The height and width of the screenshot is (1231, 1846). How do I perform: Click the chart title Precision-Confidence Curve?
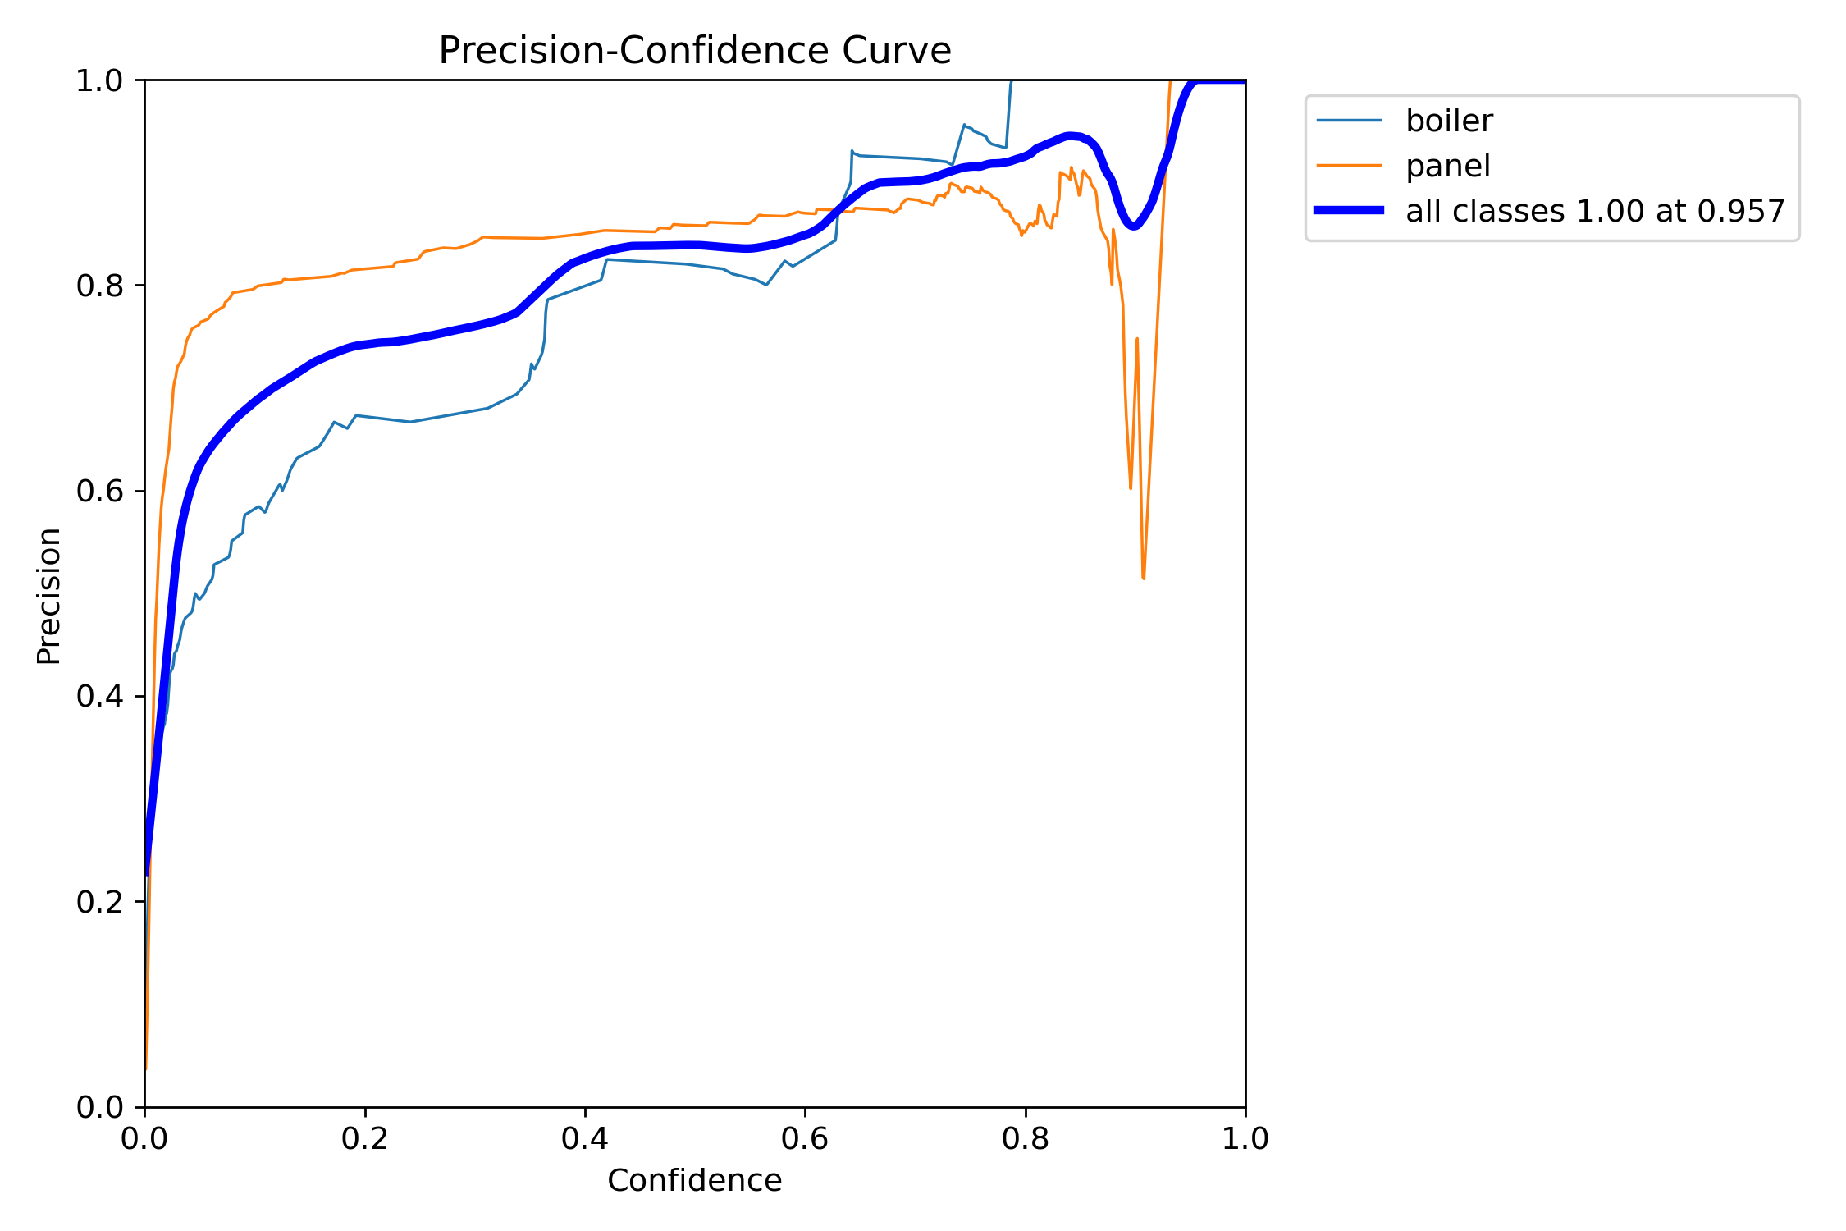[694, 51]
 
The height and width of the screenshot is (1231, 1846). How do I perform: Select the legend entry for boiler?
[1448, 121]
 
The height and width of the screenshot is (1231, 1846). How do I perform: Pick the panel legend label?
[1447, 167]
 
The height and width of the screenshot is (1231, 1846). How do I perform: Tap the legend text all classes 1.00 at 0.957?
[1595, 212]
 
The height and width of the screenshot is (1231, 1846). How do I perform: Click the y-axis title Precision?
[49, 596]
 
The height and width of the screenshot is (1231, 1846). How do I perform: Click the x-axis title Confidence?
[694, 1180]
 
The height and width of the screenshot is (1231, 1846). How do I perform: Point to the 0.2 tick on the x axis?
[364, 1139]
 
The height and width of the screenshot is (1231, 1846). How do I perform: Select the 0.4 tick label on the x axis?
[584, 1139]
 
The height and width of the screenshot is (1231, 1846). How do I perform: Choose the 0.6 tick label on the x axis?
[805, 1139]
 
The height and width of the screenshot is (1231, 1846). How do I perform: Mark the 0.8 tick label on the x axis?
[1025, 1139]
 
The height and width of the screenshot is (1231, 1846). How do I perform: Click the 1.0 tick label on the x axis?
[1245, 1139]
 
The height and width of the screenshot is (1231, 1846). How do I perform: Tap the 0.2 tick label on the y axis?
[98, 902]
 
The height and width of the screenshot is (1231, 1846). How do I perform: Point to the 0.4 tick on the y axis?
[98, 697]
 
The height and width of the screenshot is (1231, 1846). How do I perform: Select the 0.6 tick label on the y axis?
[98, 492]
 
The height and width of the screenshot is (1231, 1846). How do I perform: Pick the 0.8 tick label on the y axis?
[98, 286]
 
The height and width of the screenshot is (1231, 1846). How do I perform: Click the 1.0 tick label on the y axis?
[98, 80]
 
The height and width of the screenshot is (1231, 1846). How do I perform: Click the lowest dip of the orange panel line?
[1143, 579]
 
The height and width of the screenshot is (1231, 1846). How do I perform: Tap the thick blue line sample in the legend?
[1349, 211]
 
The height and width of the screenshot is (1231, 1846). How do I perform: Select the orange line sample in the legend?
[1349, 166]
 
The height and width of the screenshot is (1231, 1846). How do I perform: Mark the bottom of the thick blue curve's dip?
[1133, 227]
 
